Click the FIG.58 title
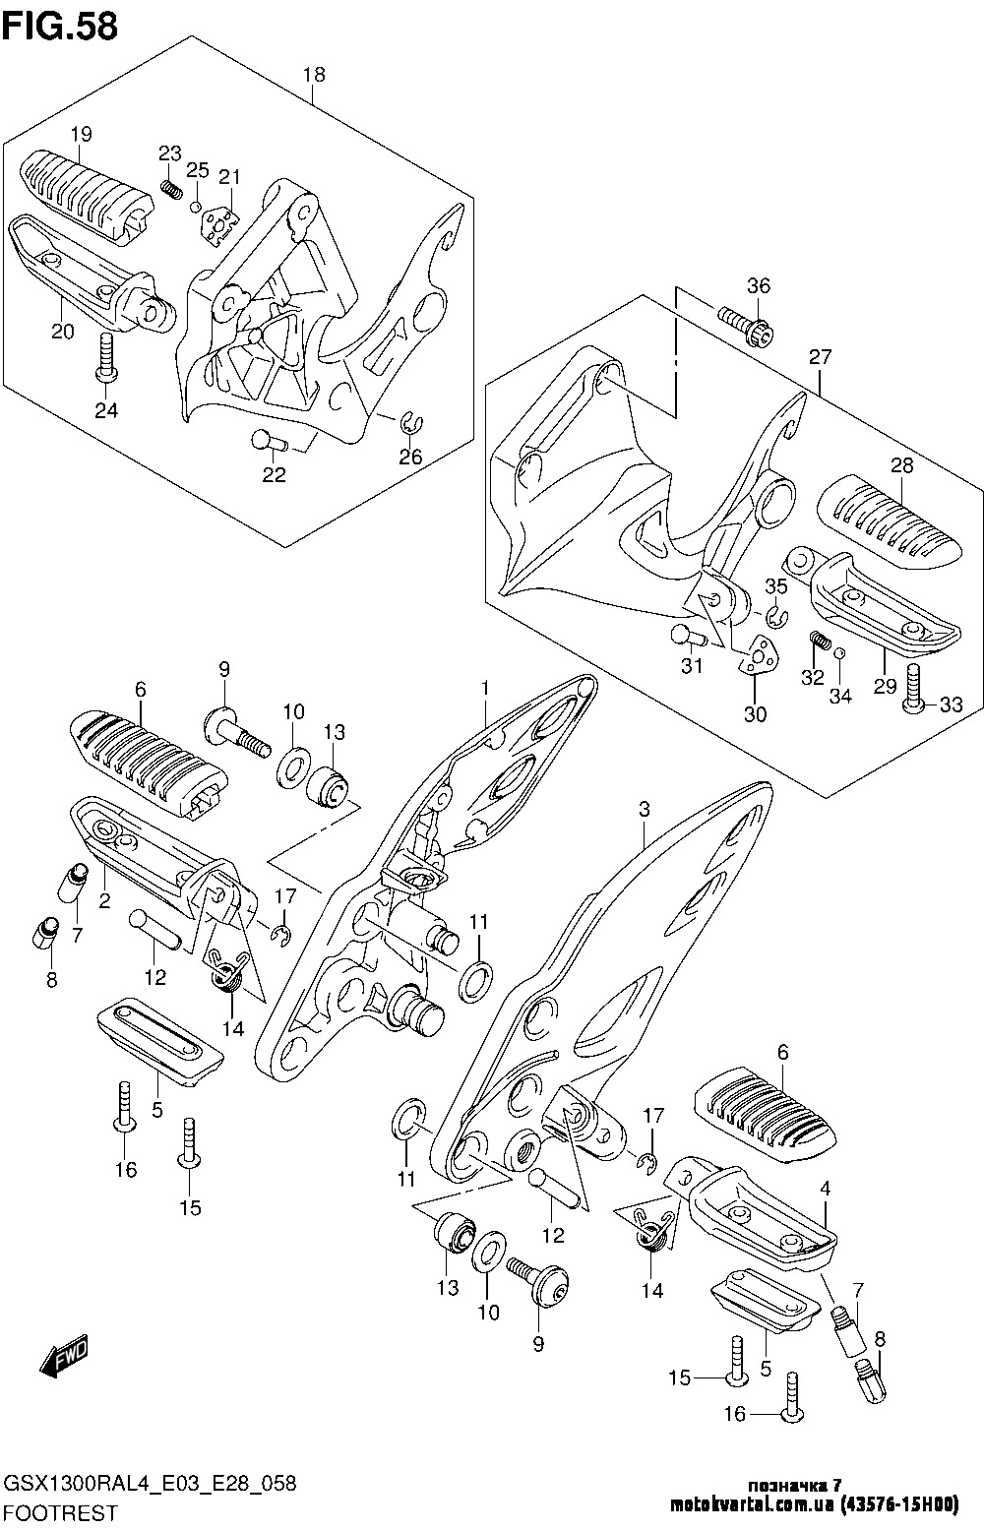click(60, 26)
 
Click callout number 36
click(758, 286)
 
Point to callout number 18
click(313, 75)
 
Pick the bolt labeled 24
click(106, 357)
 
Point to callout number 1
click(485, 686)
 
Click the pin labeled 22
click(267, 442)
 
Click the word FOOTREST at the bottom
click(60, 1513)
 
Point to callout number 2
click(104, 899)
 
